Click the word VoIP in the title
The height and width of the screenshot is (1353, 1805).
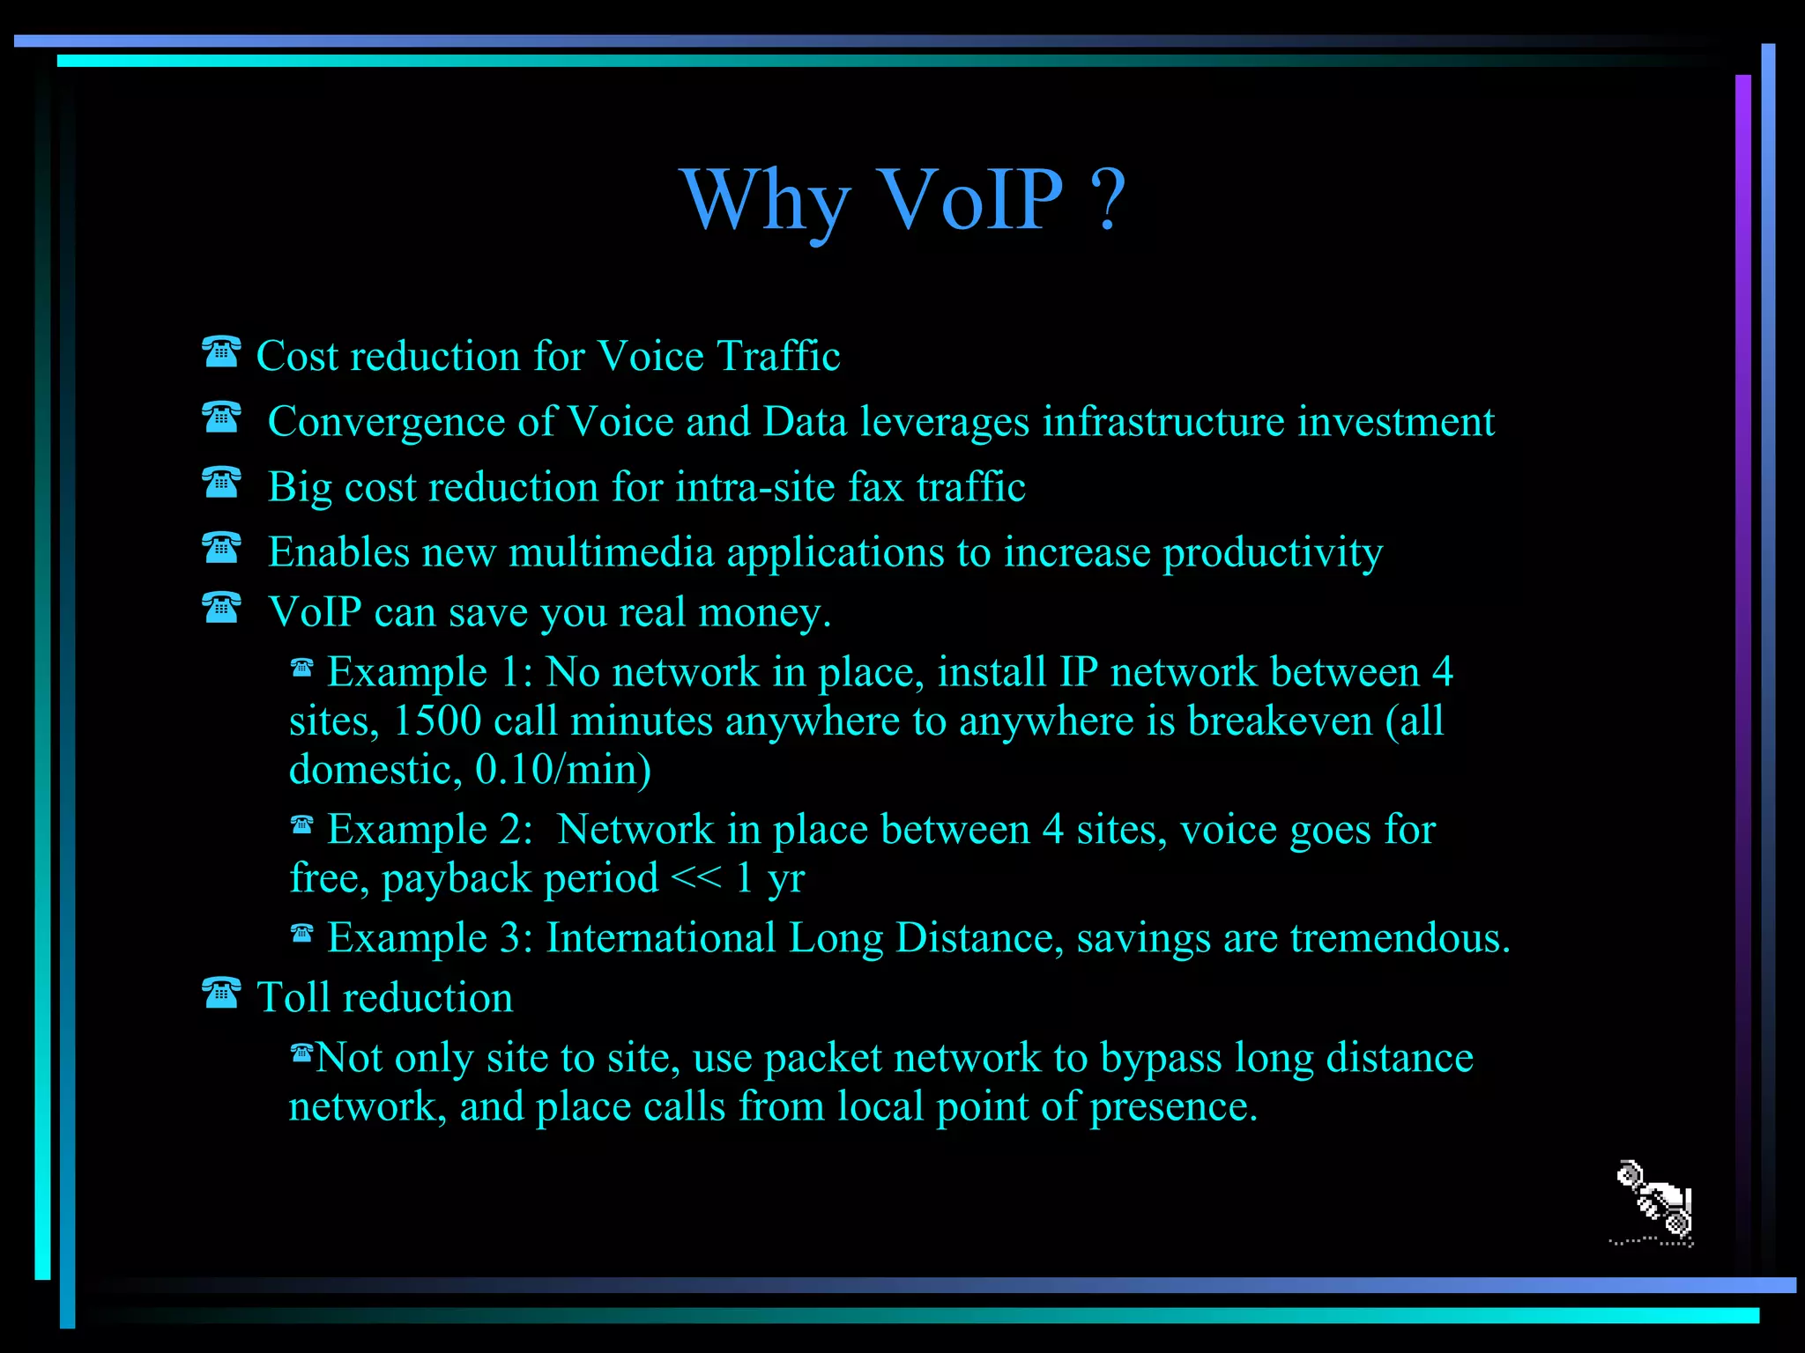click(969, 201)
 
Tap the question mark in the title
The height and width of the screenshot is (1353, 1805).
click(1109, 201)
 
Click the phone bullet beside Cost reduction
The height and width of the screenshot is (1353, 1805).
click(220, 352)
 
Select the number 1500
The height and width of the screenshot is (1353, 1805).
click(437, 721)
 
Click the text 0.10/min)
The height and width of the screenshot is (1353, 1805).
click(563, 770)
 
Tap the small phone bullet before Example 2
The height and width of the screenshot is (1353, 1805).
click(301, 825)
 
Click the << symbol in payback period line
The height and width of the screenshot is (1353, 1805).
click(695, 877)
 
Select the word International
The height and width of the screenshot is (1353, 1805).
click(661, 938)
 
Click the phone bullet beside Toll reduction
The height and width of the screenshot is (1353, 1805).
click(220, 994)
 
